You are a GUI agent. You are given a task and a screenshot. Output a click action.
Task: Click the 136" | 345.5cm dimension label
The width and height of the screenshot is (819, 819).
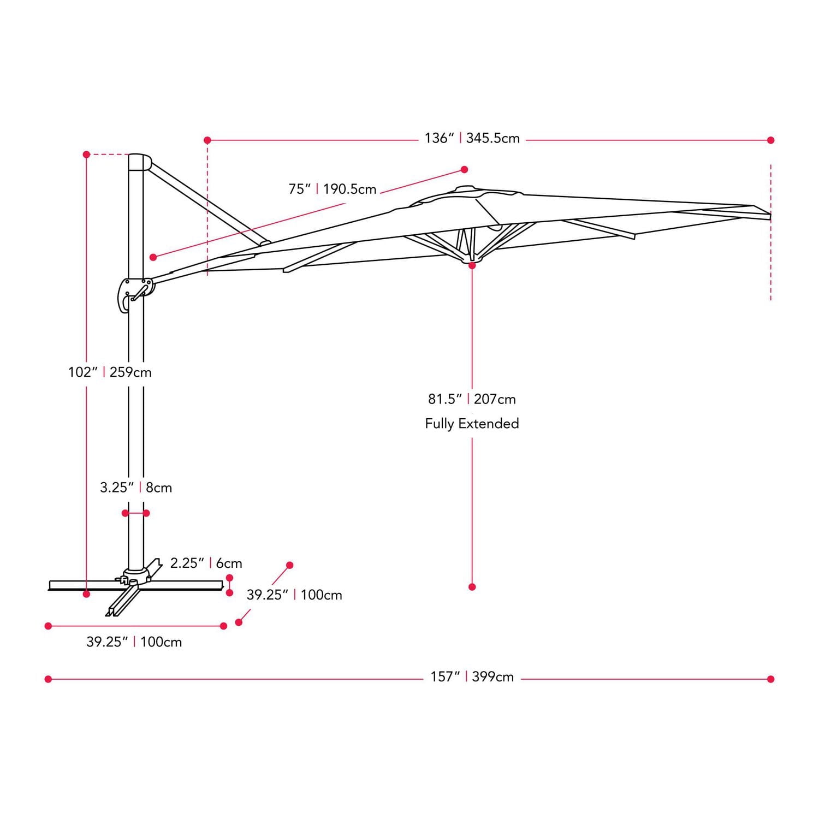point(472,139)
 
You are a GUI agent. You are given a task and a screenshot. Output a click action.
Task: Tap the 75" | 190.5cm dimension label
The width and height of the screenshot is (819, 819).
point(332,189)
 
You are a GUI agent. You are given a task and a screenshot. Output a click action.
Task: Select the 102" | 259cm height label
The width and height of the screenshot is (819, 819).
point(110,372)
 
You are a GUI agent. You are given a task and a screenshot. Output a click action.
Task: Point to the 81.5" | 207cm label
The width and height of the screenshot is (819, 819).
point(472,399)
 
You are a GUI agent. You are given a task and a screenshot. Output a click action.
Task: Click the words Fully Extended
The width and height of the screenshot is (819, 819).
point(472,424)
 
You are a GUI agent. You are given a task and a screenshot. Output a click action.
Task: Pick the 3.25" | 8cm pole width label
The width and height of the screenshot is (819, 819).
point(136,488)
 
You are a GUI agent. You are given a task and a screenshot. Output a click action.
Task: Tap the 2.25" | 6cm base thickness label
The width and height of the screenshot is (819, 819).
point(206,563)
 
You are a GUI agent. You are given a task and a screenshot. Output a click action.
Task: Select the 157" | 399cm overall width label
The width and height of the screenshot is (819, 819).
point(472,677)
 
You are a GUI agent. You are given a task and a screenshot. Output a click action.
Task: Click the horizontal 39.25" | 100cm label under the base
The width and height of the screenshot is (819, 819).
point(134,642)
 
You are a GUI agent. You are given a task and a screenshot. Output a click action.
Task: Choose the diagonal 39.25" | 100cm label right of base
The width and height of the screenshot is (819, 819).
point(294,595)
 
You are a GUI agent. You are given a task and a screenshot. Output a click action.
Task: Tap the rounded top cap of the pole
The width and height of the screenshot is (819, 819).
point(139,162)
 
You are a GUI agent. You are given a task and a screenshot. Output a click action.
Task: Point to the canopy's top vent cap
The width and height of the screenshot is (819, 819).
point(465,190)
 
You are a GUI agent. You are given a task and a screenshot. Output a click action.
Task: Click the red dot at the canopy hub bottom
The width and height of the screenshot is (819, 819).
point(472,265)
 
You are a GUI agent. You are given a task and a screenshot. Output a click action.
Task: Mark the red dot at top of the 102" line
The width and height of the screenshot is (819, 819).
point(86,155)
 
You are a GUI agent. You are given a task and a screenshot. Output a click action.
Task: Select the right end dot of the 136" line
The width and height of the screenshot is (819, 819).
point(770,140)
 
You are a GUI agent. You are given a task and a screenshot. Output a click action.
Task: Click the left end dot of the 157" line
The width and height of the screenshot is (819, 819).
point(48,679)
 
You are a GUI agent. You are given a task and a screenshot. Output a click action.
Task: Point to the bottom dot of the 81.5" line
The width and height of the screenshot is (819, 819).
point(472,587)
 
